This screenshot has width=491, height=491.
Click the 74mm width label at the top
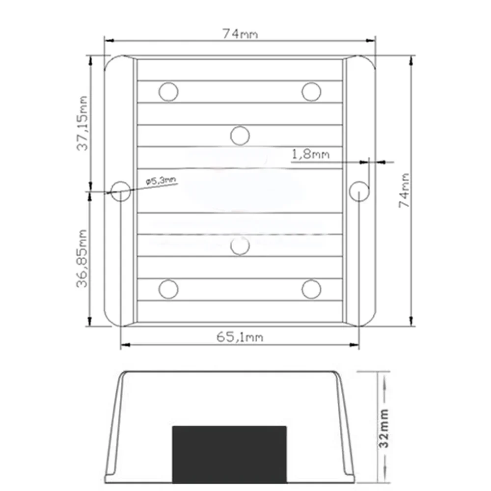point(240,34)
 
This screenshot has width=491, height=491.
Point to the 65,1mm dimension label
point(240,337)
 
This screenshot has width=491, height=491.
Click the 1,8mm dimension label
point(310,155)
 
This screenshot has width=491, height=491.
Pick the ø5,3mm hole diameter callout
point(161,181)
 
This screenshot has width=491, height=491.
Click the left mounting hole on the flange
point(120,191)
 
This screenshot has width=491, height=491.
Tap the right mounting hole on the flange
point(359,191)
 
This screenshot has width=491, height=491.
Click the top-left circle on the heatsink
point(168,92)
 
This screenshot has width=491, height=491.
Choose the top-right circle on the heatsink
point(311,92)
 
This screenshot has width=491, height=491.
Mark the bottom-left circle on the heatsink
point(168,289)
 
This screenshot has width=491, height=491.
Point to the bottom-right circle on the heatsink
point(311,289)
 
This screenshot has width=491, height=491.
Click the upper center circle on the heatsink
point(240,136)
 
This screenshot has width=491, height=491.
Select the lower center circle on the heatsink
point(240,245)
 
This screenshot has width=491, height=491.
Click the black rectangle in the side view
point(229,454)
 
